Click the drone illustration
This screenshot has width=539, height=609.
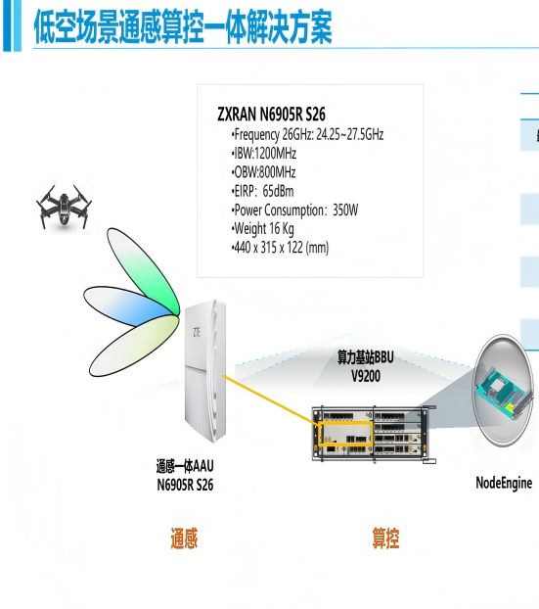click(64, 207)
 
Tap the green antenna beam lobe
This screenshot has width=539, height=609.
click(143, 270)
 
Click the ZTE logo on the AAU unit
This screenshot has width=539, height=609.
click(197, 332)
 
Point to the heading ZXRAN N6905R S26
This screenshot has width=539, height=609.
click(271, 115)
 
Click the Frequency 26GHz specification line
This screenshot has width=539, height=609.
click(307, 134)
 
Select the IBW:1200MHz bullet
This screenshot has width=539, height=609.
click(264, 154)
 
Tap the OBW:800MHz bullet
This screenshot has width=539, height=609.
click(263, 172)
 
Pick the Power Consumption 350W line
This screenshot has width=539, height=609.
click(294, 211)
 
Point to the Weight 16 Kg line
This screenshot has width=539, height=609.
click(263, 229)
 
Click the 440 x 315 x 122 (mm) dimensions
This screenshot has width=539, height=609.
click(280, 248)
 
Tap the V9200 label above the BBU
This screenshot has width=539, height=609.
click(366, 376)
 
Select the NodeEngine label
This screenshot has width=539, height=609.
click(504, 483)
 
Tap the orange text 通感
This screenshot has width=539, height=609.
click(184, 538)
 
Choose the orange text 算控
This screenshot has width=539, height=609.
click(385, 538)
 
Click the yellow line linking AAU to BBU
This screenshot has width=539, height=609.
click(270, 399)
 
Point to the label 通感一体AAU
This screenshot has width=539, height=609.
click(185, 466)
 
